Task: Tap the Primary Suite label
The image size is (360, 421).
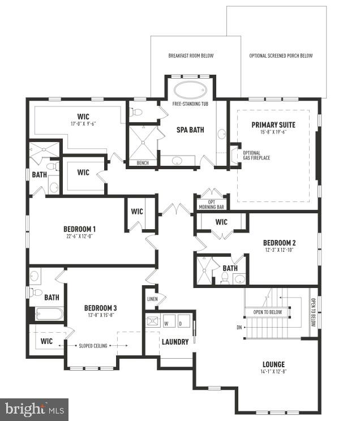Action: tap(273, 124)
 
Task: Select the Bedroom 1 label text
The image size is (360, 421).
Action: tap(79, 229)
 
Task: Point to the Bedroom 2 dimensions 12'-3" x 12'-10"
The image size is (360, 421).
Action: tap(279, 250)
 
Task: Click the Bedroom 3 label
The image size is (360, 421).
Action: tap(100, 308)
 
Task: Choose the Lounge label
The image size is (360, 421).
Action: tap(273, 364)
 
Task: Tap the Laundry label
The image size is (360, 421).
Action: tap(175, 342)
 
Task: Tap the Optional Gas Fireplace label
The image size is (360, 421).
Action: tap(256, 155)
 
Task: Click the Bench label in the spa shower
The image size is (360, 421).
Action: tap(143, 163)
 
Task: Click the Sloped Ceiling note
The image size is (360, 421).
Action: tap(95, 345)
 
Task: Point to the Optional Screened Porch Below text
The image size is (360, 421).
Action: tap(281, 56)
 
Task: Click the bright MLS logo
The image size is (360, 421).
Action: tap(34, 409)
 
